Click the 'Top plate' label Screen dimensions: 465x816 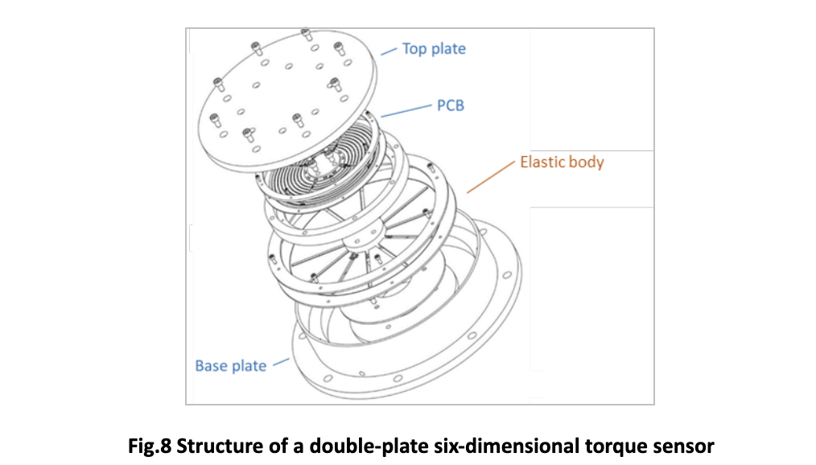coord(434,49)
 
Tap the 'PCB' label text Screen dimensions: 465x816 coord(451,105)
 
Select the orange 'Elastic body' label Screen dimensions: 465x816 coord(562,162)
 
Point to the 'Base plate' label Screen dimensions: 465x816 coord(230,366)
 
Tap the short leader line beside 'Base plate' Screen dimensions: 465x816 coord(280,363)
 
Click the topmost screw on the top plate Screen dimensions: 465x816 coord(306,35)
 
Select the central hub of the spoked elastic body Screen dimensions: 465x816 coord(354,242)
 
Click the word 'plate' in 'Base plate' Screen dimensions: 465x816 coord(249,366)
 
